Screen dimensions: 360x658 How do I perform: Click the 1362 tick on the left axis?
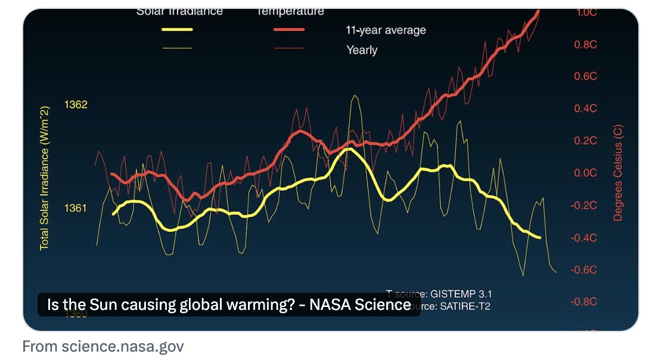click(76, 105)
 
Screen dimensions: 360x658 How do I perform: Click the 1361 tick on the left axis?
click(76, 208)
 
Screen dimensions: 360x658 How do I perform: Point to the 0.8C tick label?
click(585, 44)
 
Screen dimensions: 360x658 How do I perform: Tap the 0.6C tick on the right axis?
click(585, 76)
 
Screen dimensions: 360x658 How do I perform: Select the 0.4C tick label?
click(585, 108)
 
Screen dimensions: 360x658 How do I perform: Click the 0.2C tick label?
click(585, 141)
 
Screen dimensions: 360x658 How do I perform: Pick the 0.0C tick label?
click(585, 173)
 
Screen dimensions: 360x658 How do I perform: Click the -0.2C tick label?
click(584, 205)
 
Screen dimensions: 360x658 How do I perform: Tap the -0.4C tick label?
click(584, 237)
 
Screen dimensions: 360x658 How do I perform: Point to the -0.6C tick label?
click(584, 269)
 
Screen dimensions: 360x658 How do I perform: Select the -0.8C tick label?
click(584, 302)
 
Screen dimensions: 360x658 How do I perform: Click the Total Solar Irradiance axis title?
click(45, 178)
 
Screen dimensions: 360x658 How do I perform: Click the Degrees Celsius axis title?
click(618, 173)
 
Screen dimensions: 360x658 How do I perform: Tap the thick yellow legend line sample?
click(176, 30)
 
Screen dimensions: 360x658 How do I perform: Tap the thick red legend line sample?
click(288, 30)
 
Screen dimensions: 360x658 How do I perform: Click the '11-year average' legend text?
click(386, 30)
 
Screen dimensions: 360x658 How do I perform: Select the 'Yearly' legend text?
click(362, 50)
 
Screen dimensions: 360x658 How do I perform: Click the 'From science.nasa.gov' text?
click(103, 346)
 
